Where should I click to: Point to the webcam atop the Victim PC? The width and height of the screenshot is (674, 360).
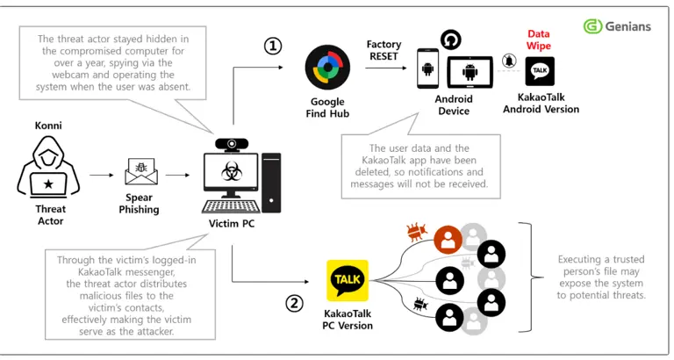(x=231, y=142)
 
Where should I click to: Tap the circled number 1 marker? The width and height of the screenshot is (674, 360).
(x=274, y=46)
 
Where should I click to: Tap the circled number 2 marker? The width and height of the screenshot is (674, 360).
(x=295, y=304)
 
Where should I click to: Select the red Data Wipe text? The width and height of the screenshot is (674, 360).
(x=539, y=40)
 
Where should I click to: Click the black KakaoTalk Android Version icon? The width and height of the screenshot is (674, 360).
(x=540, y=71)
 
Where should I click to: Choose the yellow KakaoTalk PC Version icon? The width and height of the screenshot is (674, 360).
(x=347, y=280)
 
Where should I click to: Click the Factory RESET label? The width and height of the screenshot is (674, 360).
(x=384, y=50)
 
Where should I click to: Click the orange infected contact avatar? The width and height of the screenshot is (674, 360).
(x=448, y=239)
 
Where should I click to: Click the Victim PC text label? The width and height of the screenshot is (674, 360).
(x=234, y=224)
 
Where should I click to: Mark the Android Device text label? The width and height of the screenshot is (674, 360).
(x=455, y=105)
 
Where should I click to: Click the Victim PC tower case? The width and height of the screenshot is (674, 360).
(x=271, y=182)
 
